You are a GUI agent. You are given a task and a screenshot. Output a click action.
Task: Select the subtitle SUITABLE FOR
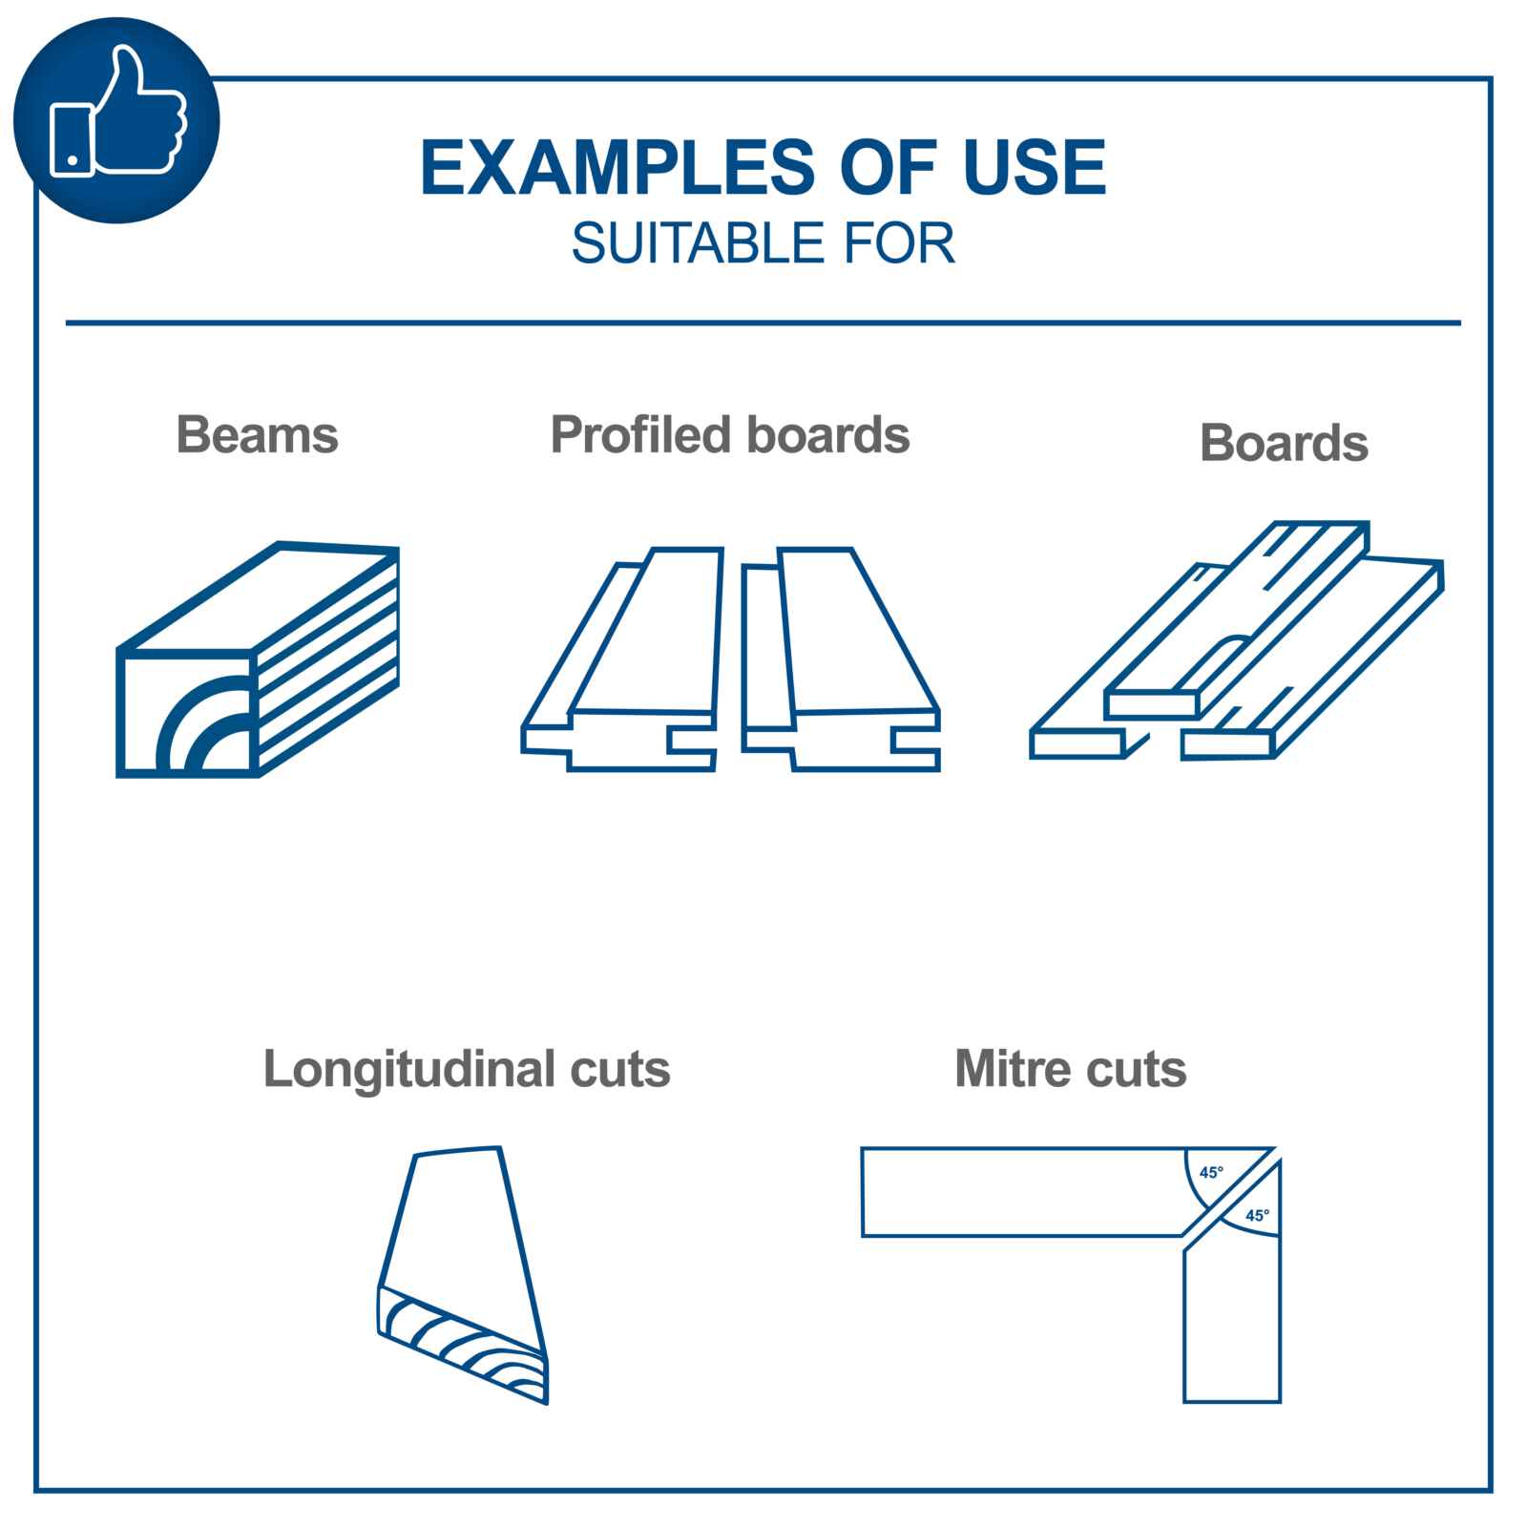click(x=763, y=243)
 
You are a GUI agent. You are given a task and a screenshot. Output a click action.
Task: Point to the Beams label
click(x=257, y=434)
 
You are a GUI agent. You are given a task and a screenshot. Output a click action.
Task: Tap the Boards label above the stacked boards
click(x=1284, y=443)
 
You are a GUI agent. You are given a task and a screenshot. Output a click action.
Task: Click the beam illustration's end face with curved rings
click(x=188, y=714)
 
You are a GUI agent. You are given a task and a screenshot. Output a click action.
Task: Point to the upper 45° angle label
click(x=1211, y=1172)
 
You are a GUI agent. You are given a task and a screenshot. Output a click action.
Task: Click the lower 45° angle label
click(x=1257, y=1216)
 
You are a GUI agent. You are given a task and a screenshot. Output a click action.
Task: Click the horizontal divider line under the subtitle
click(x=763, y=323)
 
